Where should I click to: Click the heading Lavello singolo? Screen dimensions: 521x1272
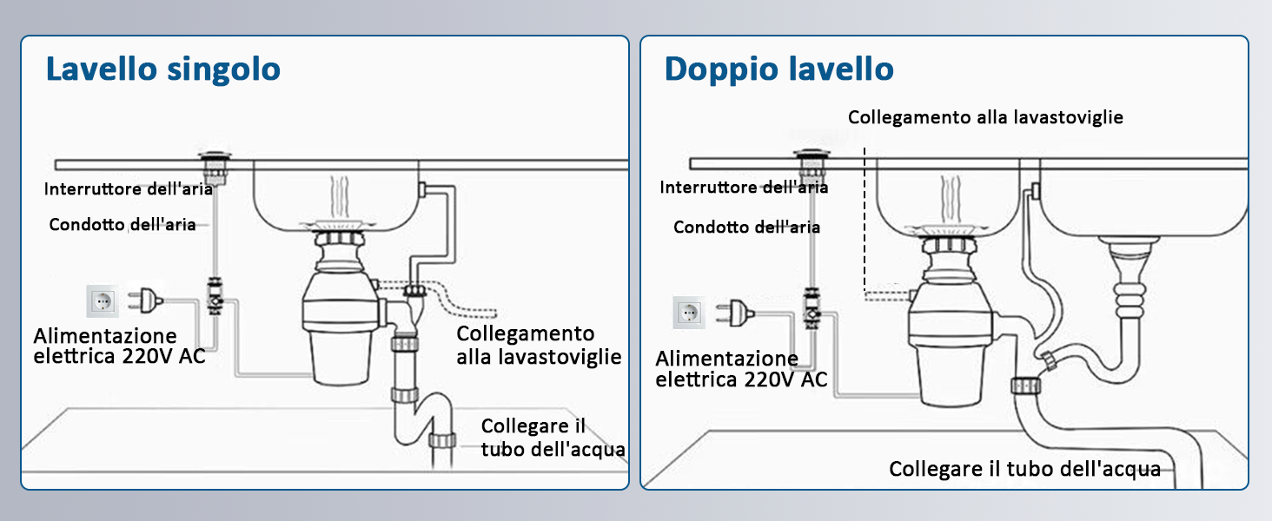click(163, 69)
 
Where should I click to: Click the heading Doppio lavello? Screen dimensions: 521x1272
click(778, 69)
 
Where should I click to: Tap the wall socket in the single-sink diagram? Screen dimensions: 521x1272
click(103, 301)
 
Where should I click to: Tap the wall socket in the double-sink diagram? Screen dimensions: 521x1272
click(689, 311)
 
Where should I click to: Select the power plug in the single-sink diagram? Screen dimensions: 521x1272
click(145, 300)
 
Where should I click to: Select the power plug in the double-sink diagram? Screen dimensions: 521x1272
click(733, 310)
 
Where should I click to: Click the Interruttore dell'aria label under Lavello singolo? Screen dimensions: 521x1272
click(116, 189)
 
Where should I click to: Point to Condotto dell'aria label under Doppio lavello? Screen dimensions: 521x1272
click(746, 228)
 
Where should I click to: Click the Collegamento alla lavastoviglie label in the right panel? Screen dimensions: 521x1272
click(985, 117)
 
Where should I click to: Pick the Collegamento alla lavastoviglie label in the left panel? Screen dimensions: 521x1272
click(539, 345)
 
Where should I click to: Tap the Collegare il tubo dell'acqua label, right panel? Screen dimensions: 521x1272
click(1024, 470)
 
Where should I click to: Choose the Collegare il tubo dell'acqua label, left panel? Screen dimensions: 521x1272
click(553, 438)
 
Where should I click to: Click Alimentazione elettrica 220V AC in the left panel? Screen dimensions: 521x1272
click(119, 346)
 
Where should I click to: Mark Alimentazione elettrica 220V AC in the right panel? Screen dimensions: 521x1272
click(740, 369)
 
